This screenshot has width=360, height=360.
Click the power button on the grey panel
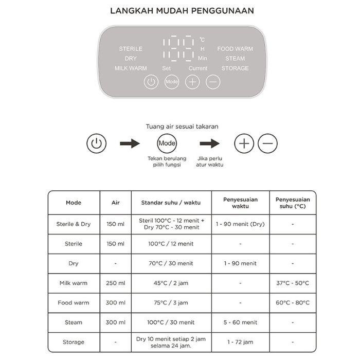151,82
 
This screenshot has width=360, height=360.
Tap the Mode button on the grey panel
171,82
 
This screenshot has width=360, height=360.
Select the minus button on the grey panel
213,82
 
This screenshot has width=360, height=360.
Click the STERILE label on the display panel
131,49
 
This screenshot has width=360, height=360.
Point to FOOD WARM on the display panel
235,49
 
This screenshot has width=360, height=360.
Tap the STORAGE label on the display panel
235,68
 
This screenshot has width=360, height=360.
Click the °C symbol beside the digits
202,40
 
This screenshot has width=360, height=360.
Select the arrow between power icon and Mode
130,143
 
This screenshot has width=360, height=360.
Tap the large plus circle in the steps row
244,143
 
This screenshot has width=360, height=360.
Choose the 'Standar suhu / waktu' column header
167,203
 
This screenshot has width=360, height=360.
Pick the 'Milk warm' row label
74,283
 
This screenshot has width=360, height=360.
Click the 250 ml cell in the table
116,283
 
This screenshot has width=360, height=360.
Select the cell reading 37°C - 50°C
293,283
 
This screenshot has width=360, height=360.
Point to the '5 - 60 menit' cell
241,322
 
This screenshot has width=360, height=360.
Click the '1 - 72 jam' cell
241,342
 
